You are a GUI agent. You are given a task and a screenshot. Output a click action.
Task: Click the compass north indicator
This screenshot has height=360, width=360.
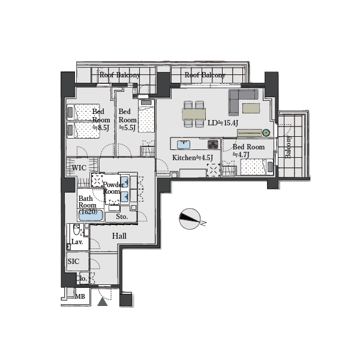[190, 219]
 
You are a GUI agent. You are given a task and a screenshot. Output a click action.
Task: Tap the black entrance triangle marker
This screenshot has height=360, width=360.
[103, 302]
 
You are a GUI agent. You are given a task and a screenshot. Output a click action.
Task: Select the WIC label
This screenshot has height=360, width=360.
[79, 168]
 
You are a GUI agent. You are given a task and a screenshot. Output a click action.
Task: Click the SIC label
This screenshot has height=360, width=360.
[73, 261]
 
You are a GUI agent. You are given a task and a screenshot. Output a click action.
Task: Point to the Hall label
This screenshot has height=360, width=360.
[119, 236]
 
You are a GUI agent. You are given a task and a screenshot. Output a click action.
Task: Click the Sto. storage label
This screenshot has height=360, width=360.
[122, 217]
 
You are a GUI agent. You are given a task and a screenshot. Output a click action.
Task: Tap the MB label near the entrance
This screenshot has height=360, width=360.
[80, 296]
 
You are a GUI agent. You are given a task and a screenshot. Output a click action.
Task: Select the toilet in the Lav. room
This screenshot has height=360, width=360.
[77, 229]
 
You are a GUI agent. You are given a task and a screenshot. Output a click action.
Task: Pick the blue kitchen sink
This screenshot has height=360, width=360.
[184, 145]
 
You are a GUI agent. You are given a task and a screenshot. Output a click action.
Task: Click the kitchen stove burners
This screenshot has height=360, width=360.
[213, 145]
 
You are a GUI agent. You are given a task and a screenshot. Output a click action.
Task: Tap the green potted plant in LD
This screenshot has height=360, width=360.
[266, 133]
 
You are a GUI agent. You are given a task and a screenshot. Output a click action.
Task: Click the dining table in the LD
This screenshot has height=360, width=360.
[194, 114]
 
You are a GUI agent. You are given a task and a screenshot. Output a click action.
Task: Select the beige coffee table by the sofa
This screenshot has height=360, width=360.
[251, 108]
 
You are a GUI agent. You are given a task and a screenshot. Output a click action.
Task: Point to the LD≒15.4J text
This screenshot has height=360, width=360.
[223, 123]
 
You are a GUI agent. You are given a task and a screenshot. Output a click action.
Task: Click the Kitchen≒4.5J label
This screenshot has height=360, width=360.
[193, 158]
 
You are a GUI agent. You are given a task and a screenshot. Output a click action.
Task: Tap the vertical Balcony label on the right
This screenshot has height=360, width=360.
[288, 147]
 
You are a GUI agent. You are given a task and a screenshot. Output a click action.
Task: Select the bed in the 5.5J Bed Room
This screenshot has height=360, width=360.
[146, 116]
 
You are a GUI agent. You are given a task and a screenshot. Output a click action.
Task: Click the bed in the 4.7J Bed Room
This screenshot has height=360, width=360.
[257, 167]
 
